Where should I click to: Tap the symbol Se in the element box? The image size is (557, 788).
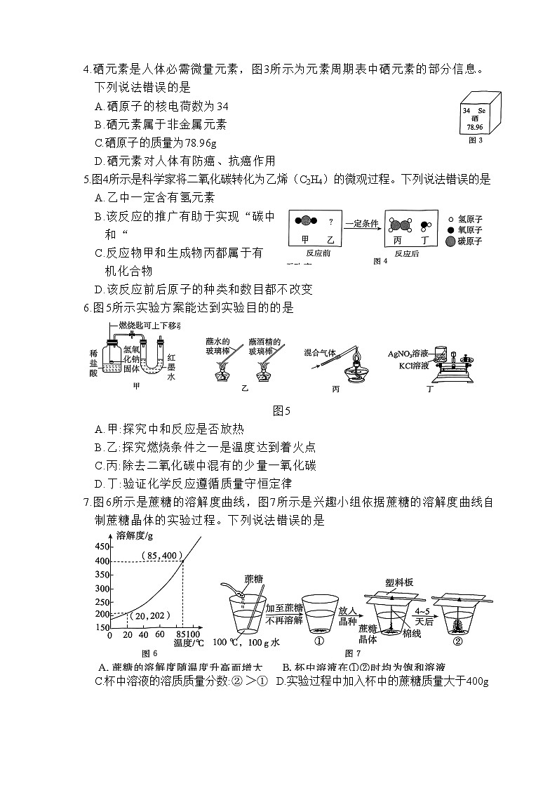481,111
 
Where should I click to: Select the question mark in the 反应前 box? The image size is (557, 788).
330,222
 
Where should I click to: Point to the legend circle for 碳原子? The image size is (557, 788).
450,241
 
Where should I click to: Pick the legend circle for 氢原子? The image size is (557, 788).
450,219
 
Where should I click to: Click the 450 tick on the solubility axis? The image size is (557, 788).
102,547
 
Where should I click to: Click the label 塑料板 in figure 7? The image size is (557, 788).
399,582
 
